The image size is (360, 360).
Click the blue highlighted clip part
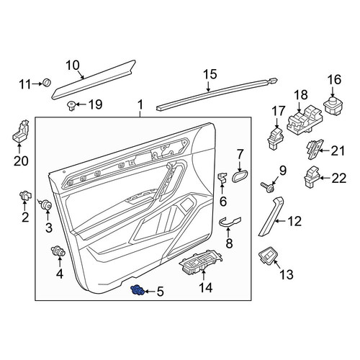[x=137, y=290]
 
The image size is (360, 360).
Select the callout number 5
[x=160, y=292]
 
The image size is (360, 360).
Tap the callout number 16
[x=334, y=79]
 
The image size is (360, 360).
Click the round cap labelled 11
[x=47, y=82]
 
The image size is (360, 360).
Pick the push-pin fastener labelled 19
[x=71, y=105]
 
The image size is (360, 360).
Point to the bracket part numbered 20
[x=21, y=132]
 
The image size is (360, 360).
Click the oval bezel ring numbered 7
[x=240, y=176]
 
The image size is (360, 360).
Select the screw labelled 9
[x=268, y=187]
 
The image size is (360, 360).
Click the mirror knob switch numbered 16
[x=333, y=104]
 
